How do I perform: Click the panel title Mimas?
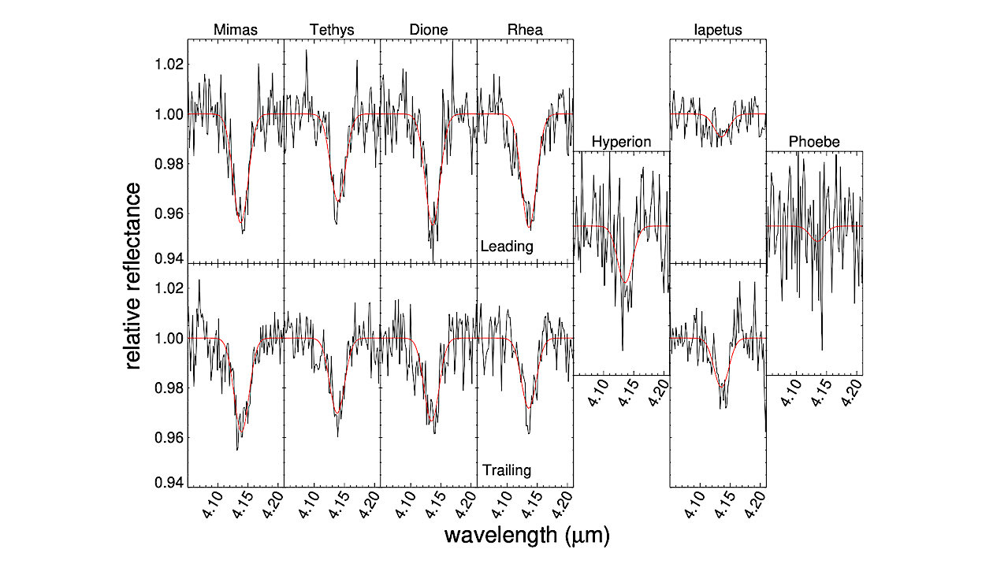coord(235,31)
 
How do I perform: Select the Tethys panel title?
coord(332,31)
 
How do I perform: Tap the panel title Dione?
coord(428,31)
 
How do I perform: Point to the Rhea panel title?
coord(524,31)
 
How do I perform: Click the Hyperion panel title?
coord(621,142)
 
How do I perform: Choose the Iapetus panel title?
coord(717,31)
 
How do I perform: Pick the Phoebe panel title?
coord(814,142)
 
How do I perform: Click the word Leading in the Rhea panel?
coord(507,247)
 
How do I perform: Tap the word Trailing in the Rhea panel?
coord(507,470)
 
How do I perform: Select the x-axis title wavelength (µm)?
coord(526,536)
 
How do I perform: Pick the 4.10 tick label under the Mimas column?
coord(212,505)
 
